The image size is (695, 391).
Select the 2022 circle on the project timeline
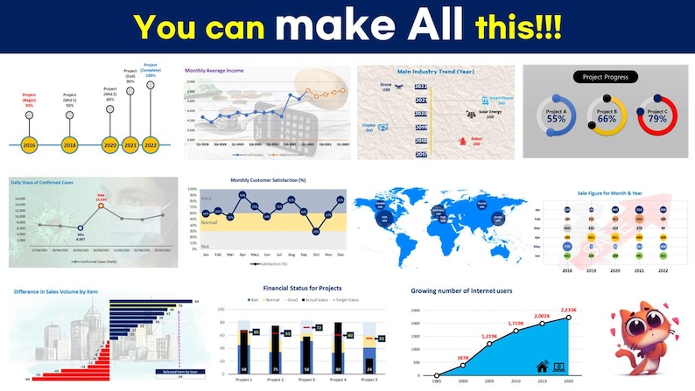click(x=150, y=144)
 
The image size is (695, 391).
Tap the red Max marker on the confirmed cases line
click(x=100, y=207)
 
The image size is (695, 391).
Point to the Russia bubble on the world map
click(x=481, y=203)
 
